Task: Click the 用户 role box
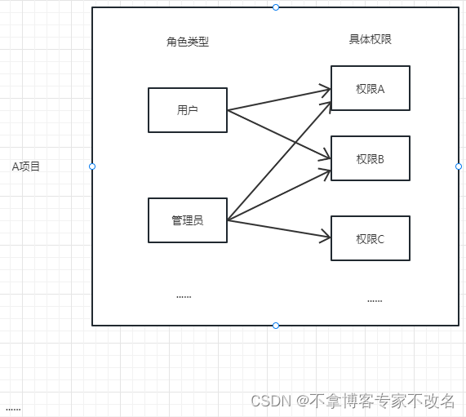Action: [x=187, y=110]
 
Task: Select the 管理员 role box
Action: [x=187, y=220]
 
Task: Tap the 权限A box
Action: [x=370, y=88]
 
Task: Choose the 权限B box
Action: [x=370, y=158]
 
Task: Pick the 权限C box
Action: [x=370, y=238]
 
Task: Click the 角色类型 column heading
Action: [x=187, y=42]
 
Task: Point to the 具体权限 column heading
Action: [x=370, y=38]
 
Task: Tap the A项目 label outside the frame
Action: [x=25, y=166]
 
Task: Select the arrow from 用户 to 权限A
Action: [x=277, y=97]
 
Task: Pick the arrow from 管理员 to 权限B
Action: [x=277, y=196]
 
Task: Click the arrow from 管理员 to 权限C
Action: [x=277, y=228]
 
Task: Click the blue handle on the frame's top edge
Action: [x=276, y=7]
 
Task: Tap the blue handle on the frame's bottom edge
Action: [x=276, y=326]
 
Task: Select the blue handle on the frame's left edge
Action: [x=92, y=166]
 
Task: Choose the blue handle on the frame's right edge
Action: [x=459, y=166]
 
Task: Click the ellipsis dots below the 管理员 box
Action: [x=184, y=297]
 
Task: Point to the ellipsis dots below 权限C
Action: [x=374, y=301]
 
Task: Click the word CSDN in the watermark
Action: [x=270, y=401]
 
